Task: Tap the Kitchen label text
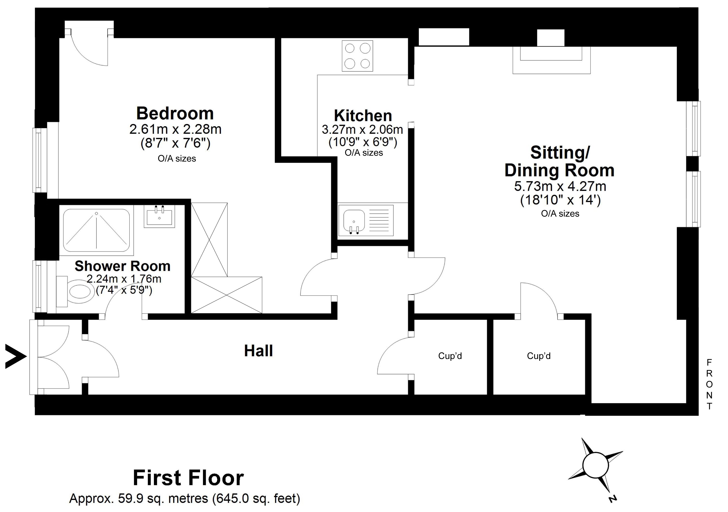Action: (363, 116)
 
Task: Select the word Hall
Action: (258, 351)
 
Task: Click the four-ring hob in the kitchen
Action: (357, 56)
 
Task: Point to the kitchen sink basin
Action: (354, 220)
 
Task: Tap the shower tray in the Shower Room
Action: (96, 230)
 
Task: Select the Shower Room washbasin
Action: (159, 216)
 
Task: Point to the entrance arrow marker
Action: (15, 357)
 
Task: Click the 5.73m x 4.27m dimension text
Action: (560, 186)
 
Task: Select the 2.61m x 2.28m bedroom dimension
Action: (175, 129)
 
